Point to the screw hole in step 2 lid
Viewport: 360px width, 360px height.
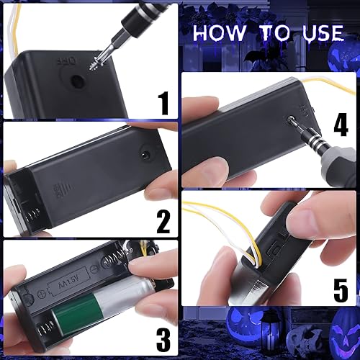[145, 154]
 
